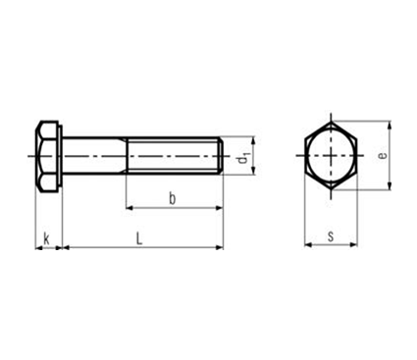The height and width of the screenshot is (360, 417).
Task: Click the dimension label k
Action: (x=47, y=238)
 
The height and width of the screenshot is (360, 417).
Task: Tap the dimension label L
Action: (x=139, y=238)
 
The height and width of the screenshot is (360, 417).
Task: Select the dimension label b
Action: (x=172, y=198)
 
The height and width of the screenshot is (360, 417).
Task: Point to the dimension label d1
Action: (x=243, y=158)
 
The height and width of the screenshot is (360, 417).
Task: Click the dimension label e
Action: (x=382, y=155)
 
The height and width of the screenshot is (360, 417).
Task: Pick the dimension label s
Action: (x=331, y=236)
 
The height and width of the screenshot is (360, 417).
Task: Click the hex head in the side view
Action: (x=46, y=156)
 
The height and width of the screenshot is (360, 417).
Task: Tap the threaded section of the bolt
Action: (x=173, y=156)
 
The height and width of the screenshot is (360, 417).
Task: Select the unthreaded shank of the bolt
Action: (x=93, y=156)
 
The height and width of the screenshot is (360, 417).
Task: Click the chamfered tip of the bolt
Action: (x=222, y=156)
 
